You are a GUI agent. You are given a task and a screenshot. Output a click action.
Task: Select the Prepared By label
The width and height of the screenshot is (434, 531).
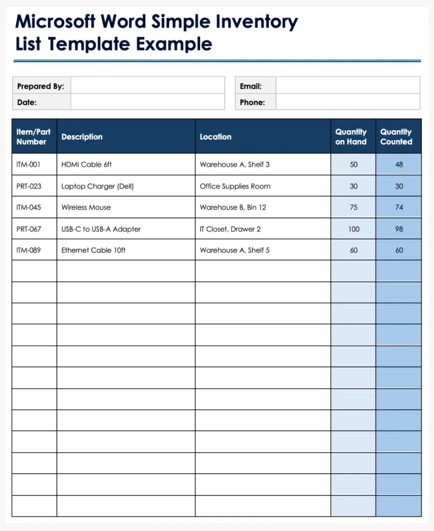point(41,86)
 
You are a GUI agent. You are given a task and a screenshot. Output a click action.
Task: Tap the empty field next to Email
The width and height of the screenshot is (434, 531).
point(347,86)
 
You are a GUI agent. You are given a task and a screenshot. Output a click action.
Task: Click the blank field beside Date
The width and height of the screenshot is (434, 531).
point(147,102)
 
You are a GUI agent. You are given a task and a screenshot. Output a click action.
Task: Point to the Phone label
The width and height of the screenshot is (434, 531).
point(252,102)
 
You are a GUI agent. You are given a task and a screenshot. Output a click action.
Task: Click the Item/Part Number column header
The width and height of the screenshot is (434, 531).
point(33,136)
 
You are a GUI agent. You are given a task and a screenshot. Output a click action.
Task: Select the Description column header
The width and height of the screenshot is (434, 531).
point(82,136)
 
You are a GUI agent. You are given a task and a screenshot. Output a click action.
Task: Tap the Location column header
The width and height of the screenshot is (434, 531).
point(216,136)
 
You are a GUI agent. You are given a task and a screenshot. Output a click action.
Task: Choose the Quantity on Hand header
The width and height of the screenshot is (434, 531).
point(351,136)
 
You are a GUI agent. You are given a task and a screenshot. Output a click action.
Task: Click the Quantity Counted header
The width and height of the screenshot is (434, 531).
point(396,136)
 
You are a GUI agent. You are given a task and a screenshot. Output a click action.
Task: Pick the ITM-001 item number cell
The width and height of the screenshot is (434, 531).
point(28,164)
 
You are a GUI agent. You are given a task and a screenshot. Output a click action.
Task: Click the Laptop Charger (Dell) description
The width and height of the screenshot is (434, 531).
point(97,186)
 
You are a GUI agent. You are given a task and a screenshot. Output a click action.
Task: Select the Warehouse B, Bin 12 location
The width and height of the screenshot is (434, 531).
point(233,207)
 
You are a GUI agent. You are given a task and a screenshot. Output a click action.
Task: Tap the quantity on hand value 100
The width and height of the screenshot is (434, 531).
point(353,229)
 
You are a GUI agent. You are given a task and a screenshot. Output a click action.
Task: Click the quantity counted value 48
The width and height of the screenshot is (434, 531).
point(399,164)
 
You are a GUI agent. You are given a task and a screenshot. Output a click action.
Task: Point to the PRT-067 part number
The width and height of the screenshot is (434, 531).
point(29,229)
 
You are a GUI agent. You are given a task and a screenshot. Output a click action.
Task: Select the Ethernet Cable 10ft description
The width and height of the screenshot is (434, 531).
point(94,250)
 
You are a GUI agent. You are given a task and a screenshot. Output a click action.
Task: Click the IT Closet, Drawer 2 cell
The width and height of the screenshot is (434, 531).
point(230,229)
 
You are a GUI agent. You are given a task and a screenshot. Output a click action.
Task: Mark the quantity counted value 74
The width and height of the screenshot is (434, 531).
point(399,207)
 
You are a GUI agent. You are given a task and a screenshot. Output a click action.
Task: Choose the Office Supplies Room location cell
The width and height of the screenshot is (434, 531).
point(235,186)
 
